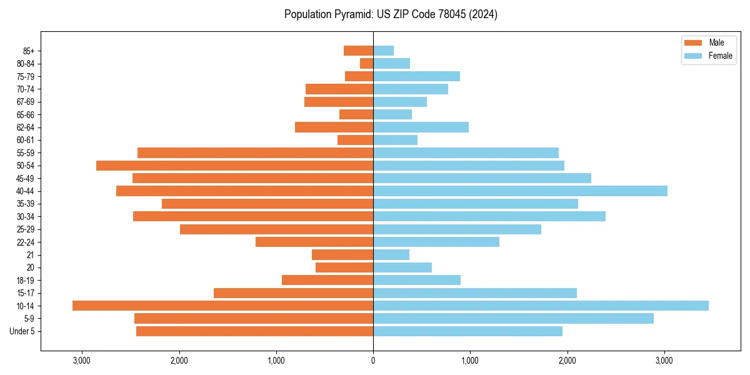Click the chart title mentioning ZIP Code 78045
pos(391,14)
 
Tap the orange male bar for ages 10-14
pos(222,306)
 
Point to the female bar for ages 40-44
pos(520,191)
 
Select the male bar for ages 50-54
pos(234,166)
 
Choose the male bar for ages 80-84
pos(366,63)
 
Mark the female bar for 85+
pos(383,51)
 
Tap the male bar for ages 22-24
pos(314,242)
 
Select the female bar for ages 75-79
pos(416,76)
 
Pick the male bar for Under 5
pos(254,331)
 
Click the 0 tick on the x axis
pos(373,360)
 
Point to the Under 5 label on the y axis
pos(22,331)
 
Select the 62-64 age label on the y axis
pos(26,127)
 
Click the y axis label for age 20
pos(31,267)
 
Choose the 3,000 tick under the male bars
pos(82,360)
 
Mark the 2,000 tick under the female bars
pos(567,360)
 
